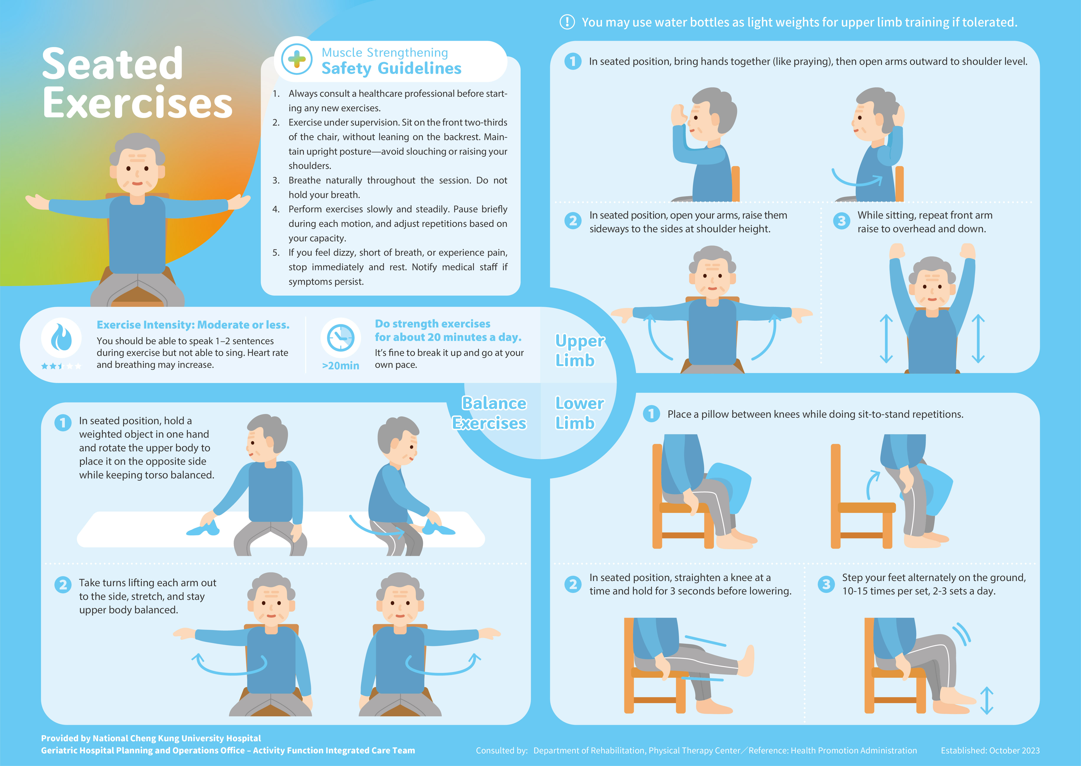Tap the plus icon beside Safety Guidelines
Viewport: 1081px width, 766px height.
click(x=297, y=59)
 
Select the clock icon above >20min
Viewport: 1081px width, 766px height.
click(x=340, y=338)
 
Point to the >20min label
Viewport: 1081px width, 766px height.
click(x=340, y=366)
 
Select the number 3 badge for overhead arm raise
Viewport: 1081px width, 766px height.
click(x=841, y=221)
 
